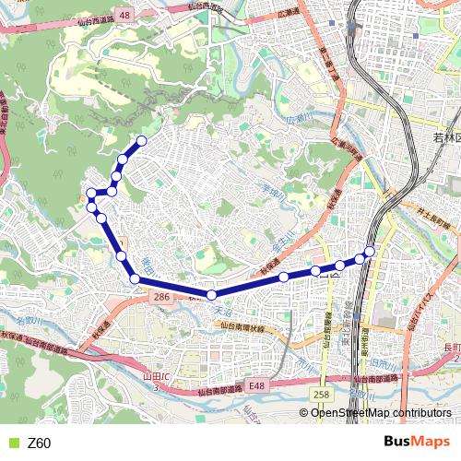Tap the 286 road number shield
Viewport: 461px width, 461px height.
(x=161, y=297)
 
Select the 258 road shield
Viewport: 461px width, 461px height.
(x=320, y=395)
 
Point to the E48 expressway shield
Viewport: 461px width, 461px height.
(x=255, y=386)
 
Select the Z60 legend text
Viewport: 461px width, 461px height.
(x=40, y=443)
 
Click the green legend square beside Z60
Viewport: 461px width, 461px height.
(x=13, y=443)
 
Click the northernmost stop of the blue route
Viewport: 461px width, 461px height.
(x=142, y=141)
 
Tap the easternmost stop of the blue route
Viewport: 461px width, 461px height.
(x=370, y=252)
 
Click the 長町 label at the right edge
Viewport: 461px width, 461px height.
(x=451, y=347)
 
